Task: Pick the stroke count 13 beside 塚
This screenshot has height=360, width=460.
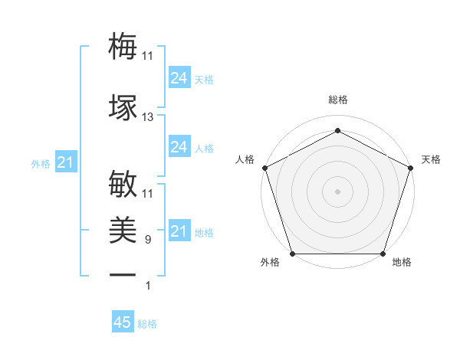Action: (x=148, y=117)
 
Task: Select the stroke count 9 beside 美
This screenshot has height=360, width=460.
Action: (x=148, y=240)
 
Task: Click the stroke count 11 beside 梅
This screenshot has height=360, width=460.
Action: (x=148, y=57)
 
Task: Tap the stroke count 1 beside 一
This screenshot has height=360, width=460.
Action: (x=148, y=286)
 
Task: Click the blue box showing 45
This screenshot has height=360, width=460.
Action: (x=123, y=322)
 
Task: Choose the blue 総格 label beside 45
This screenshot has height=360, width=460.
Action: (x=147, y=324)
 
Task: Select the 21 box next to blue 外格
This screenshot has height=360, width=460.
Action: (x=66, y=162)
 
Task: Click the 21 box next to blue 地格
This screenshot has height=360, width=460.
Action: (x=179, y=231)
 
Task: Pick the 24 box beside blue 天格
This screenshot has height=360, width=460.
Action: (x=179, y=78)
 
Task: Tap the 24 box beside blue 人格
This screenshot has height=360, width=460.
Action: (x=179, y=147)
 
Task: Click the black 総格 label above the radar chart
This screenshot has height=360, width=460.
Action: (x=337, y=100)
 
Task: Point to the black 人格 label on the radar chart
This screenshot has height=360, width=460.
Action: (x=245, y=159)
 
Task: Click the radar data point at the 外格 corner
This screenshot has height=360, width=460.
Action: (x=292, y=254)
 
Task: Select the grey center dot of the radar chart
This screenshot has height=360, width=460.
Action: (x=337, y=191)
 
